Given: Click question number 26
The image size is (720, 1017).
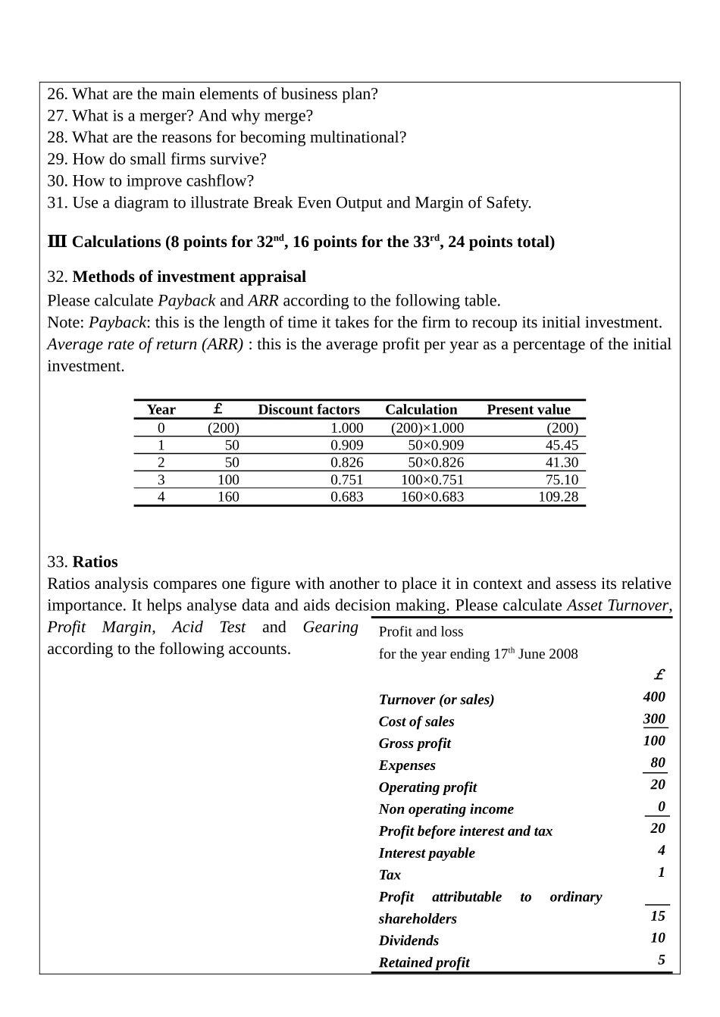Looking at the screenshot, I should tap(57, 95).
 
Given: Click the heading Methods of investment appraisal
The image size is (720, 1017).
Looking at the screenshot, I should tap(189, 277).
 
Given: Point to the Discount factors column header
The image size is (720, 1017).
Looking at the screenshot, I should tap(308, 410).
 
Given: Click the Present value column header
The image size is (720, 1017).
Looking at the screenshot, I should tap(528, 410).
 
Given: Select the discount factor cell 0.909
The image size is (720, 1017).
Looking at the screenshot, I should tap(346, 446).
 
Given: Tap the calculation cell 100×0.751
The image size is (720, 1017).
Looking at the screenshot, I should tap(432, 480).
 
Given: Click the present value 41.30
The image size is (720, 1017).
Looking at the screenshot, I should tap(562, 462).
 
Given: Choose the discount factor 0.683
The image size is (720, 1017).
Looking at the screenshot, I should tap(346, 497).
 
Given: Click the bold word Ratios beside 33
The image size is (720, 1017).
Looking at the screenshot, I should tap(95, 562).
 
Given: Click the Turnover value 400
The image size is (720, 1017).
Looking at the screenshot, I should tap(654, 697).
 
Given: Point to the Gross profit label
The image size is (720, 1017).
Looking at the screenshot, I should tap(415, 743).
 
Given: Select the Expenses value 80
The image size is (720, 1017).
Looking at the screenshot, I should tap(658, 763).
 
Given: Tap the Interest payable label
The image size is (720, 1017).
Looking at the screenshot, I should tap(427, 853).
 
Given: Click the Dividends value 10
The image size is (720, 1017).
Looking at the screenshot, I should tap(658, 938).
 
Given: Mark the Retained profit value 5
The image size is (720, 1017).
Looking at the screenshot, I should tap(662, 960).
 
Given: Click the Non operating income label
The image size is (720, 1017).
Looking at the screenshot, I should tap(446, 809).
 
